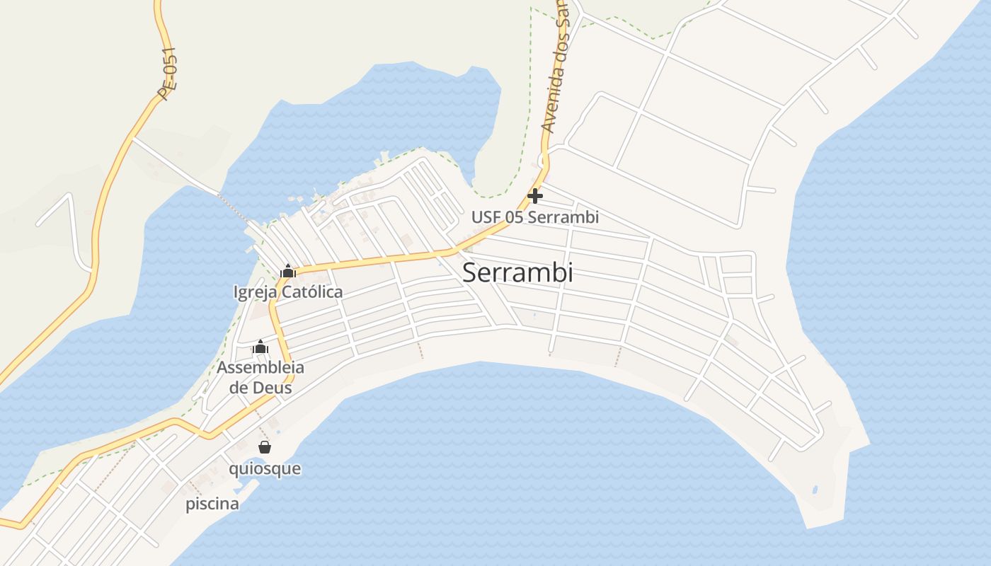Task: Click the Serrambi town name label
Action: pyautogui.click(x=517, y=273)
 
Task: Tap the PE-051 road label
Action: pyautogui.click(x=168, y=74)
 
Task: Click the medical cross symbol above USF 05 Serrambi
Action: pyautogui.click(x=535, y=196)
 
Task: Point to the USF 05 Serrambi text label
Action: pyautogui.click(x=535, y=217)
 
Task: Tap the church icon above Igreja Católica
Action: pyautogui.click(x=288, y=271)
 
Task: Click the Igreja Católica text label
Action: pyautogui.click(x=288, y=291)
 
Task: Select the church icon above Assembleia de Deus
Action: pyautogui.click(x=260, y=347)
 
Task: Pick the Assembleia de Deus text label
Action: pyautogui.click(x=260, y=377)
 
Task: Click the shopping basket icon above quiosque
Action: pyautogui.click(x=265, y=447)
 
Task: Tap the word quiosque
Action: pyautogui.click(x=265, y=468)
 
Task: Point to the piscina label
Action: pyautogui.click(x=212, y=504)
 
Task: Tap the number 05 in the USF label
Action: pyautogui.click(x=514, y=217)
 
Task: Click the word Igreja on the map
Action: pyautogui.click(x=256, y=291)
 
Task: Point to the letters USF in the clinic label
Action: pyautogui.click(x=486, y=217)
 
